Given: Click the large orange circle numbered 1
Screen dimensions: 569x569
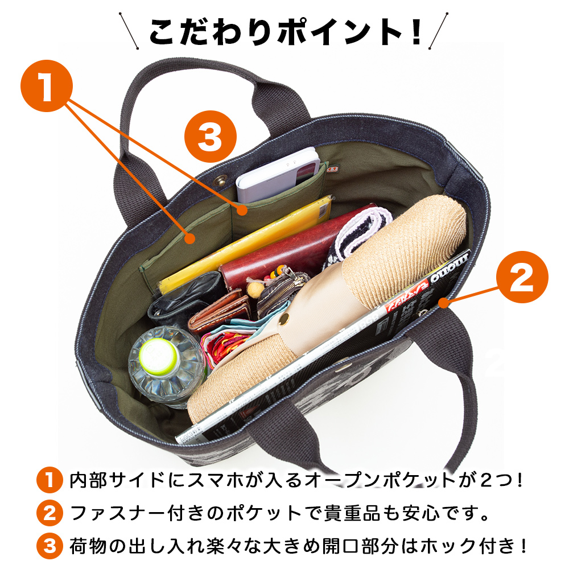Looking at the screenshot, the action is pos(47,86).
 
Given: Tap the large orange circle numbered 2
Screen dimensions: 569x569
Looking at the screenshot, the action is pos(522,277).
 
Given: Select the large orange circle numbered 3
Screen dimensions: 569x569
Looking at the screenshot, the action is pos(211,137).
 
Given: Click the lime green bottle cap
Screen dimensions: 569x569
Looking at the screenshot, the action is pos(159,356).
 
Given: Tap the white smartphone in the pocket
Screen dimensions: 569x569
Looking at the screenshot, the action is pos(278,175).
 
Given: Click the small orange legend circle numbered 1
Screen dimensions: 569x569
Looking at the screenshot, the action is pos(50,480).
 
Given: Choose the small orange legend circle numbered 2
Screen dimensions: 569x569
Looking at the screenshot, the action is pos(50,513).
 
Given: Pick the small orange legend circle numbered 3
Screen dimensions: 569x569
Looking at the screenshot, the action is pos(50,546).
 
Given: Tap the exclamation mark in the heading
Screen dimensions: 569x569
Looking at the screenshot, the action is pos(417,32).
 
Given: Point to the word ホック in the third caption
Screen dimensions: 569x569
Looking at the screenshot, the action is pos(448,546).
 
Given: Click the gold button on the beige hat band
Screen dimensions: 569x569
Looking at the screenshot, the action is pos(284,319).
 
